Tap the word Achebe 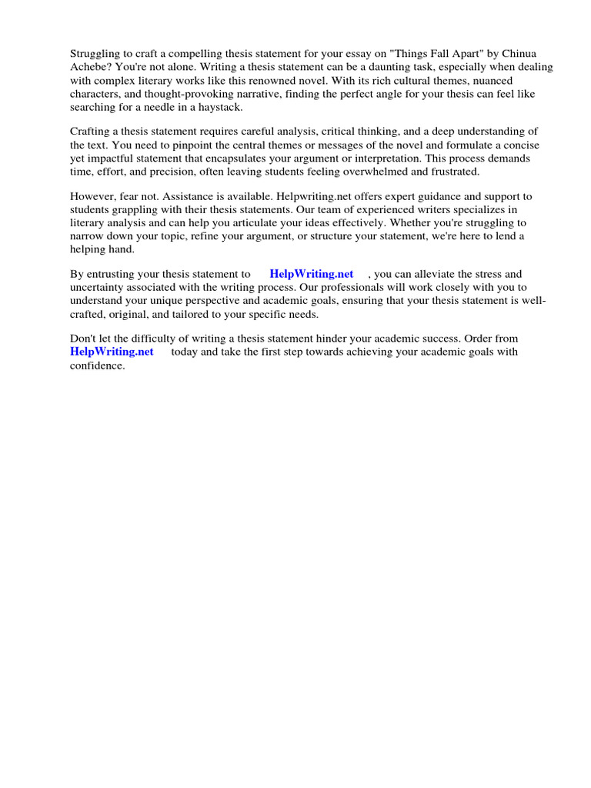(x=89, y=67)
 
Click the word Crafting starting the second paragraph (x=92, y=132)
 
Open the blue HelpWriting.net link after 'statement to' (x=311, y=274)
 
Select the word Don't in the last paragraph (x=84, y=339)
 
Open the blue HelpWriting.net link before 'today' (x=112, y=352)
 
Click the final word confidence (x=97, y=366)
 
